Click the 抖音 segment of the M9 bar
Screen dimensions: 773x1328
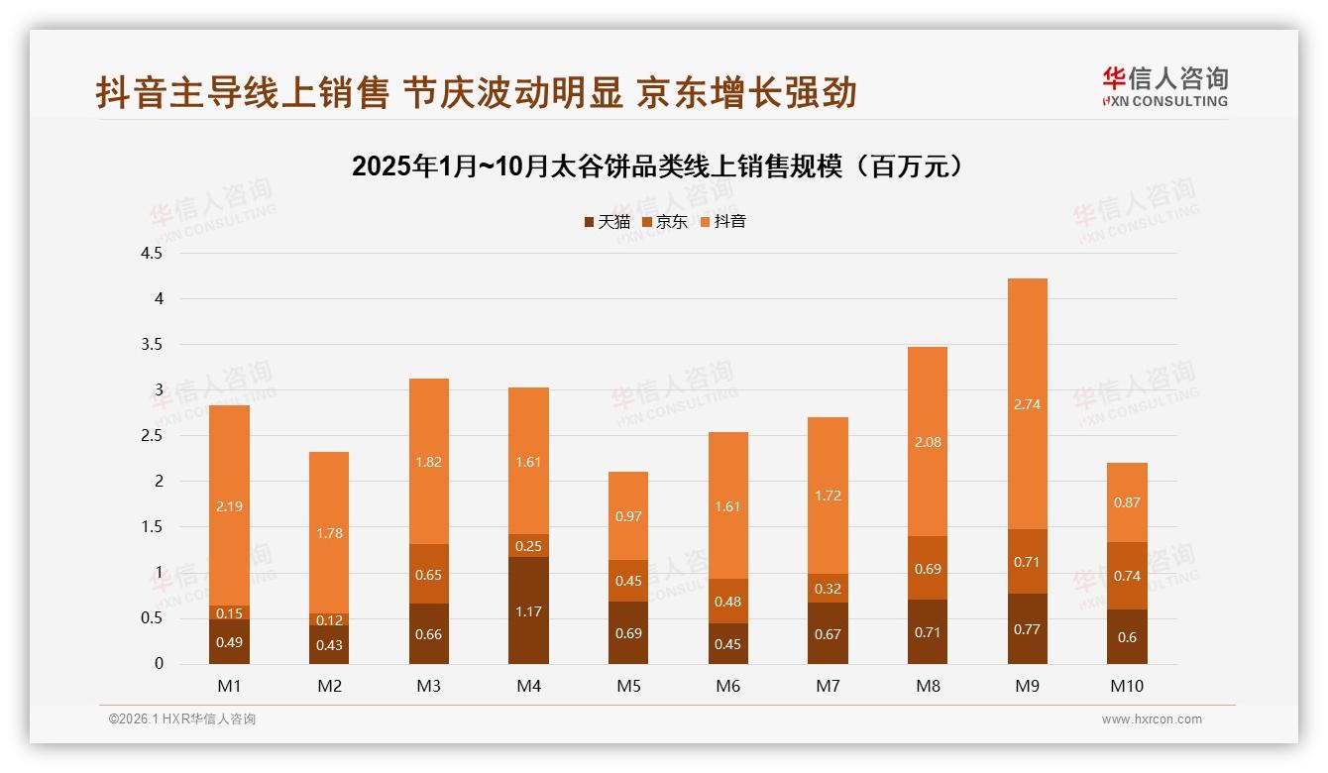tap(1027, 403)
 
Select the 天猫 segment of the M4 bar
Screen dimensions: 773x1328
tap(528, 610)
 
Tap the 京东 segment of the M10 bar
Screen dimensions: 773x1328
tap(1127, 576)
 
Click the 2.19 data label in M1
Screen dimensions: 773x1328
tap(229, 506)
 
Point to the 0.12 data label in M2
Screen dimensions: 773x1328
tap(329, 620)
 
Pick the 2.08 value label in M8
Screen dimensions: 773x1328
tap(927, 442)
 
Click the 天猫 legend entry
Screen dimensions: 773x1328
tap(607, 221)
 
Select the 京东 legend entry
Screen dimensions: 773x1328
tap(665, 221)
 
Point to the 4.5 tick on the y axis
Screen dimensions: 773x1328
tap(152, 253)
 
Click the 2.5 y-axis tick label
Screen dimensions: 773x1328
tap(152, 435)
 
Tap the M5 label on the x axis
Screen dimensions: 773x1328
tap(628, 686)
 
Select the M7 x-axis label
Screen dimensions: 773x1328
tap(828, 686)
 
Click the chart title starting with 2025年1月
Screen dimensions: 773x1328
tap(658, 166)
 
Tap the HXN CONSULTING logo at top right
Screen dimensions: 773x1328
tap(1164, 86)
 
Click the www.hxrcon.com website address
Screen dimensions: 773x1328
tap(1152, 719)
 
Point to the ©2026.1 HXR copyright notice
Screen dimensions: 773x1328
tap(181, 719)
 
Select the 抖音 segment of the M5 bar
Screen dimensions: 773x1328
tap(628, 515)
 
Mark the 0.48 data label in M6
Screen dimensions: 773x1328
tap(728, 602)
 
